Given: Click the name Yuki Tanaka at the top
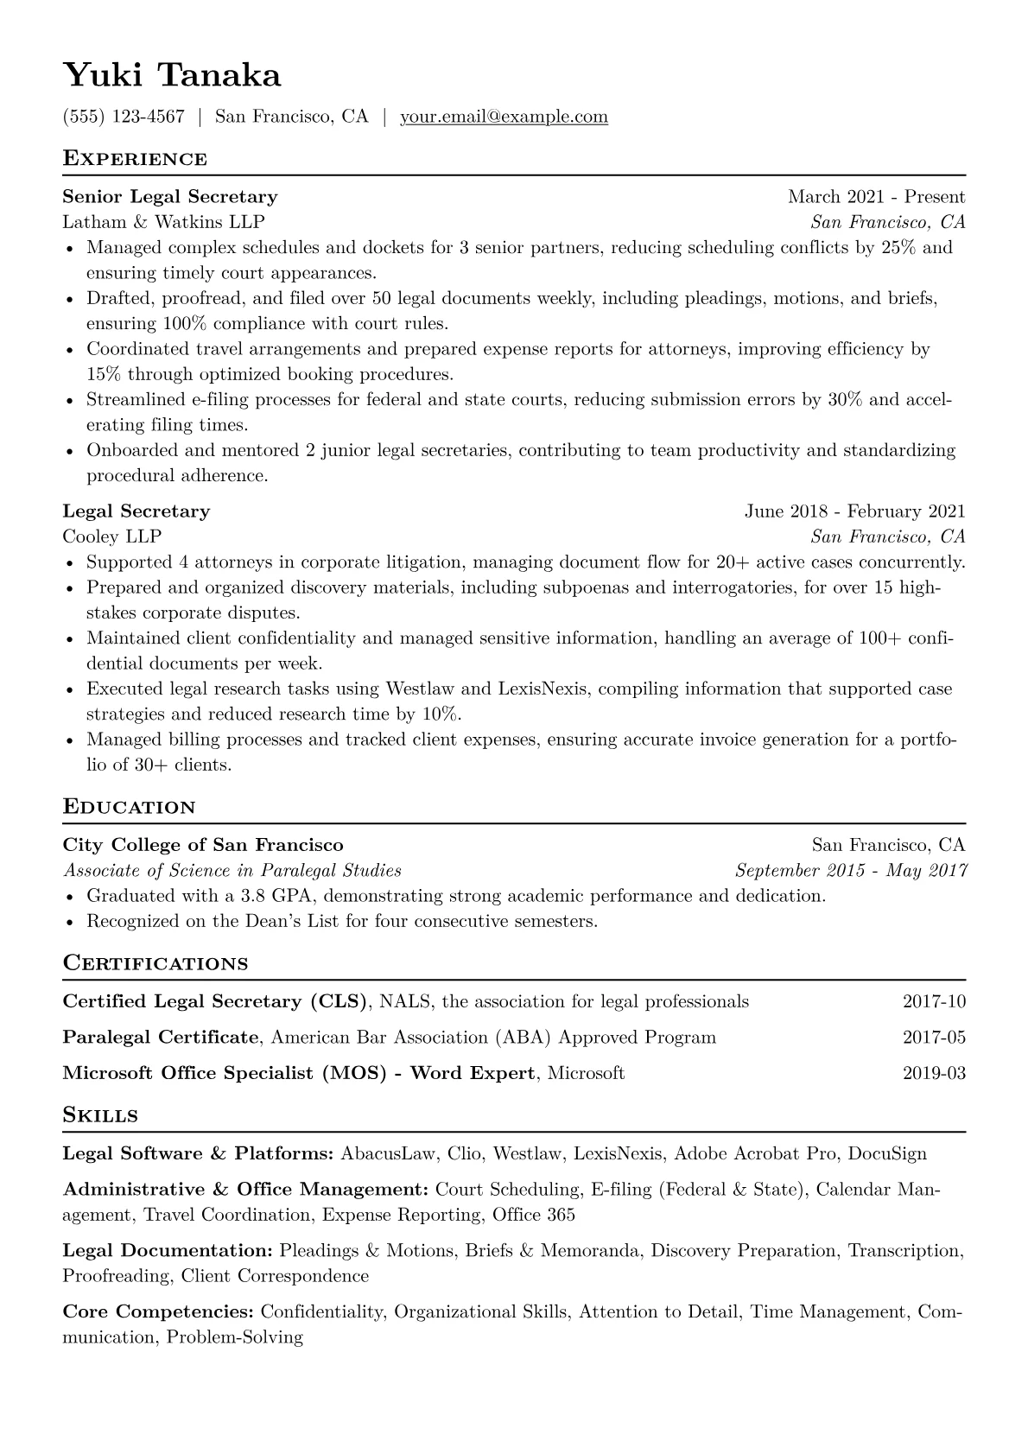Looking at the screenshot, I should tap(172, 76).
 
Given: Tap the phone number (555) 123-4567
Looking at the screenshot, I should tap(124, 117).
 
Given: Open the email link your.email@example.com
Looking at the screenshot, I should tap(504, 117).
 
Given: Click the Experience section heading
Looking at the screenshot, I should tap(135, 159).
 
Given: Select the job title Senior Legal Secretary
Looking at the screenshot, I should tap(170, 197).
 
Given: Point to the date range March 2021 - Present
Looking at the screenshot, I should tap(876, 197).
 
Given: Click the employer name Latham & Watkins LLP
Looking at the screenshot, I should tap(163, 222).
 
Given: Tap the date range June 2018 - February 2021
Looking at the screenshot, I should tap(854, 511).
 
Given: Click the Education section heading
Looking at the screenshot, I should tap(130, 808).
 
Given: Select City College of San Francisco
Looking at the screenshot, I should tap(203, 845).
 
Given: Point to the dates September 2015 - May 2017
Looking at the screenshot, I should tap(850, 870).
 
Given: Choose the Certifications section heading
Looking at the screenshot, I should tap(155, 963).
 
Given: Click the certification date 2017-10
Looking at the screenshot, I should tap(934, 1002).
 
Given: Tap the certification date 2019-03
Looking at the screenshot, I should tap(934, 1074).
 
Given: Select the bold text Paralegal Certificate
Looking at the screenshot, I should tap(161, 1038).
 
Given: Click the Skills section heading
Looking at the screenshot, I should tap(100, 1115).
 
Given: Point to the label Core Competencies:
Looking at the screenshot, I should tap(158, 1312).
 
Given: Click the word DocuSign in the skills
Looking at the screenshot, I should tap(887, 1154).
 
